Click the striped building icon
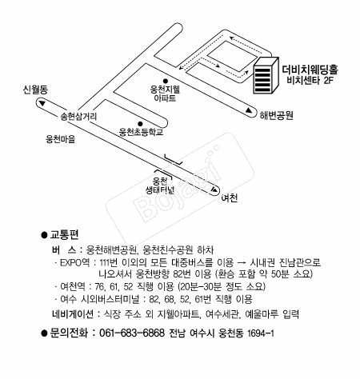266,75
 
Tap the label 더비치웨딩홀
310,70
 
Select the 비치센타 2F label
310,80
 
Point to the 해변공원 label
277,115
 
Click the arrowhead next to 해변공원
249,110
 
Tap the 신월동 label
35,90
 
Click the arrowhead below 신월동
42,103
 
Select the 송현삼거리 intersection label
78,117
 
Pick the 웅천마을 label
61,139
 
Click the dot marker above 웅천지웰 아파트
166,81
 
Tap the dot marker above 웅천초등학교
140,124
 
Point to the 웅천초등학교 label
141,132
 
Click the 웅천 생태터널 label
160,186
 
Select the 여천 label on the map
230,198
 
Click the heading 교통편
64,235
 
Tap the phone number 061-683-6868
132,333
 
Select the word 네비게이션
73,314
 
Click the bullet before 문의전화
44,333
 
